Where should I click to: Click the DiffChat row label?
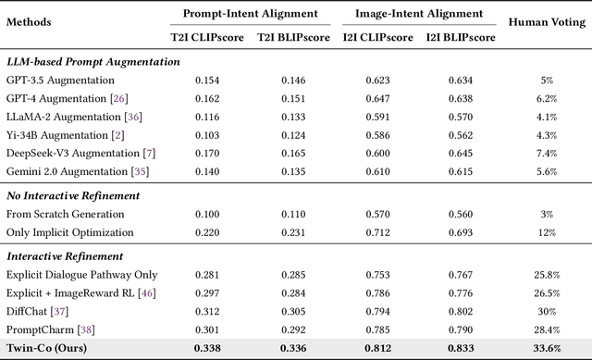coord(38,310)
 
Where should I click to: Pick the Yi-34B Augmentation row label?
coord(61,136)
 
